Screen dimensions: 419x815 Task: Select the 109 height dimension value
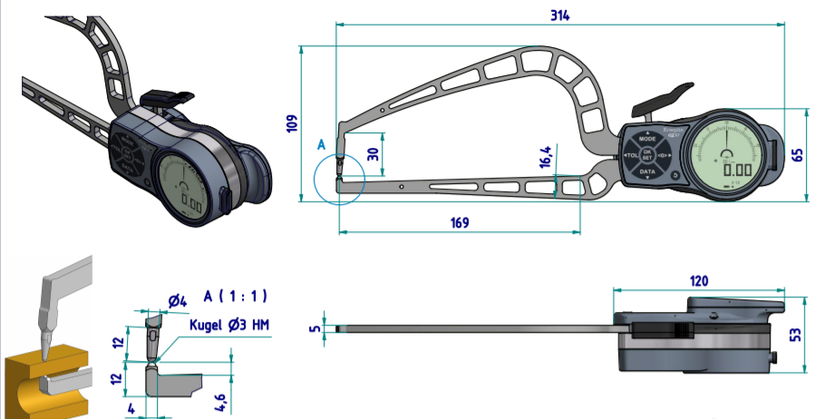tap(290, 123)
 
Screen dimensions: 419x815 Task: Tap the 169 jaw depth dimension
tap(459, 223)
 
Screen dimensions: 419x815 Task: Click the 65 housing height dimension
tap(798, 153)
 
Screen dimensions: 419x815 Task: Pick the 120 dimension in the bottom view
tap(698, 281)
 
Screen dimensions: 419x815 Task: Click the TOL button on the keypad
tap(632, 156)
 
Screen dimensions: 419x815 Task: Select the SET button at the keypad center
tap(647, 156)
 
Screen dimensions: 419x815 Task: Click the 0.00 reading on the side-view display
tap(737, 169)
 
